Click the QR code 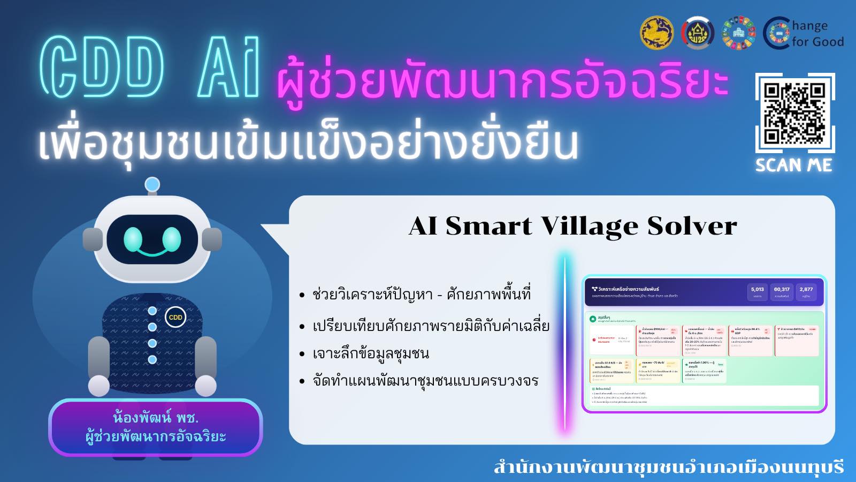[794, 113]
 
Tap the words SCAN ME [794, 165]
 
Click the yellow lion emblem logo [656, 33]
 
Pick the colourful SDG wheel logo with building [738, 33]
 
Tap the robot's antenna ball [152, 185]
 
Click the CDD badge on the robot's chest [175, 317]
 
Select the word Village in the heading [590, 226]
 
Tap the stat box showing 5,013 [758, 292]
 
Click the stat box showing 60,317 [782, 292]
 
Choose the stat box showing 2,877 [806, 292]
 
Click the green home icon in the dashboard [593, 319]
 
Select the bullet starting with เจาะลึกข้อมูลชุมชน [370, 354]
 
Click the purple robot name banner [155, 427]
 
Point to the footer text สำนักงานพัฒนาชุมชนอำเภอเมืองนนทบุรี [668, 466]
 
